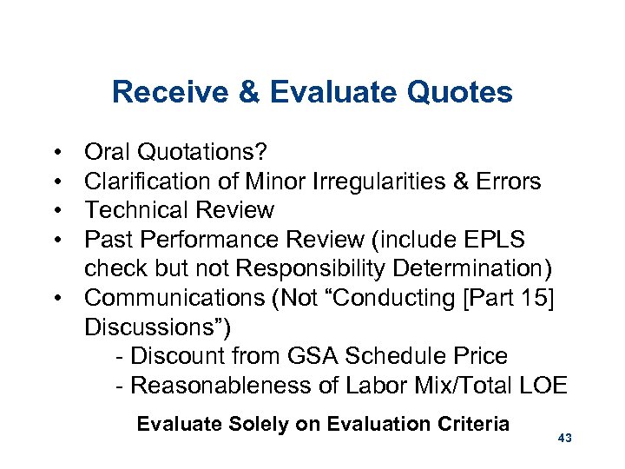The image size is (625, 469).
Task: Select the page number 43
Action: [x=564, y=439]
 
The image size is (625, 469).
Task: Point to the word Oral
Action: [x=107, y=152]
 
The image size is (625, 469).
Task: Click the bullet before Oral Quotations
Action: [x=56, y=153]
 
